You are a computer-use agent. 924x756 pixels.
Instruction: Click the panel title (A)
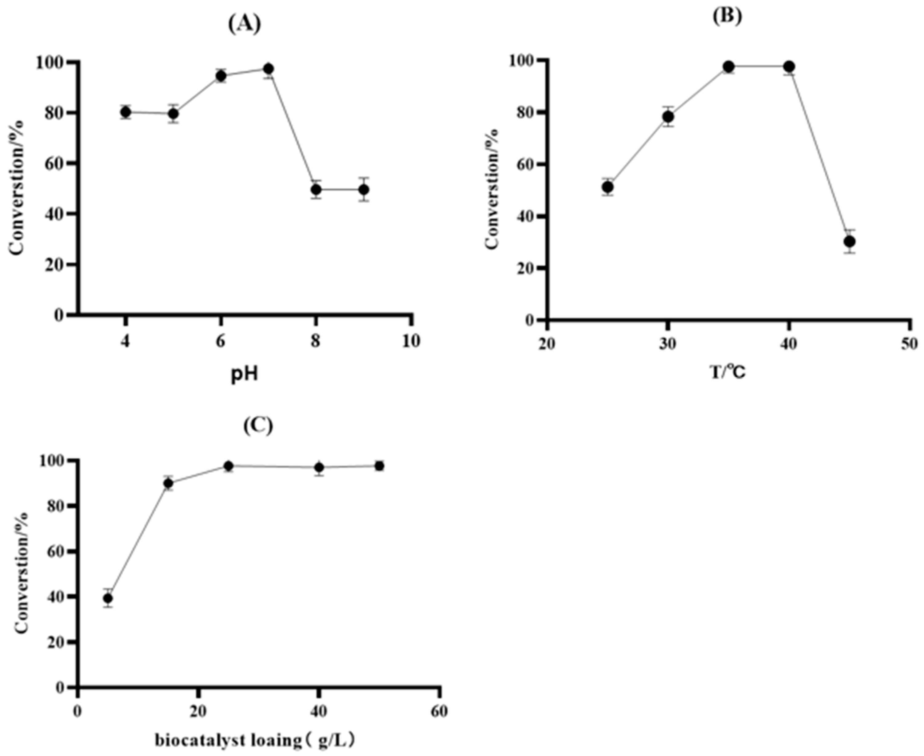tap(245, 24)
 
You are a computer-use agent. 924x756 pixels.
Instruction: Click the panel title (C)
tap(258, 426)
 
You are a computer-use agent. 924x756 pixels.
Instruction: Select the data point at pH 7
tap(269, 69)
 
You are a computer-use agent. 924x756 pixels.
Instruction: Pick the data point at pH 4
tap(126, 112)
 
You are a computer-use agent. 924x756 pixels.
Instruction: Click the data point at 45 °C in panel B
tap(850, 241)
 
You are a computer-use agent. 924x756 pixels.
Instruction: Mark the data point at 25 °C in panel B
tap(608, 187)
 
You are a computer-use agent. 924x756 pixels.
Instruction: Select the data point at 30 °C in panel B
tap(668, 117)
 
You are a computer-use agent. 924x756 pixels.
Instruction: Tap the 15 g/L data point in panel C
tap(169, 483)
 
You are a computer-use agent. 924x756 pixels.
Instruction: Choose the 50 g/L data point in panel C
tap(379, 466)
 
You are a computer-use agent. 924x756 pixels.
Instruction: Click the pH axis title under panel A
tap(244, 376)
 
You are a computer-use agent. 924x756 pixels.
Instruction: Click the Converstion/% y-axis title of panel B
tap(493, 188)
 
